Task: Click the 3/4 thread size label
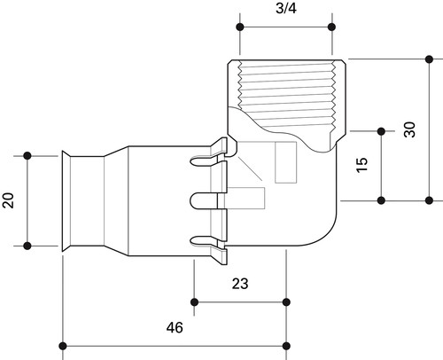click(286, 8)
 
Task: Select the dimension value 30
click(409, 129)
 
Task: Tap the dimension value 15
click(362, 165)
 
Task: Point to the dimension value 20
click(8, 200)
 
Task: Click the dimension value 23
click(240, 284)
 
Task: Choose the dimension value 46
click(175, 327)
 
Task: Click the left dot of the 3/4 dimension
click(240, 27)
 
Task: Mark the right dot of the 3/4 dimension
click(331, 27)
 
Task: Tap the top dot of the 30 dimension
click(430, 59)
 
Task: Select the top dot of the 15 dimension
click(381, 131)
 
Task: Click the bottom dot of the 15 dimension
click(381, 200)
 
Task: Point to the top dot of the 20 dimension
click(27, 155)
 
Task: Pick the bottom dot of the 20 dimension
click(27, 246)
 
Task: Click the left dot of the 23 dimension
click(194, 302)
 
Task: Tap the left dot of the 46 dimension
click(63, 346)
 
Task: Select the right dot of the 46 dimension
click(286, 346)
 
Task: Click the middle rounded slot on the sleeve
click(205, 201)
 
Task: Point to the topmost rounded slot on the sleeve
click(205, 160)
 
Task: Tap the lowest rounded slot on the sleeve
click(205, 241)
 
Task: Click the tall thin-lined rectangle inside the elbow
click(285, 162)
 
